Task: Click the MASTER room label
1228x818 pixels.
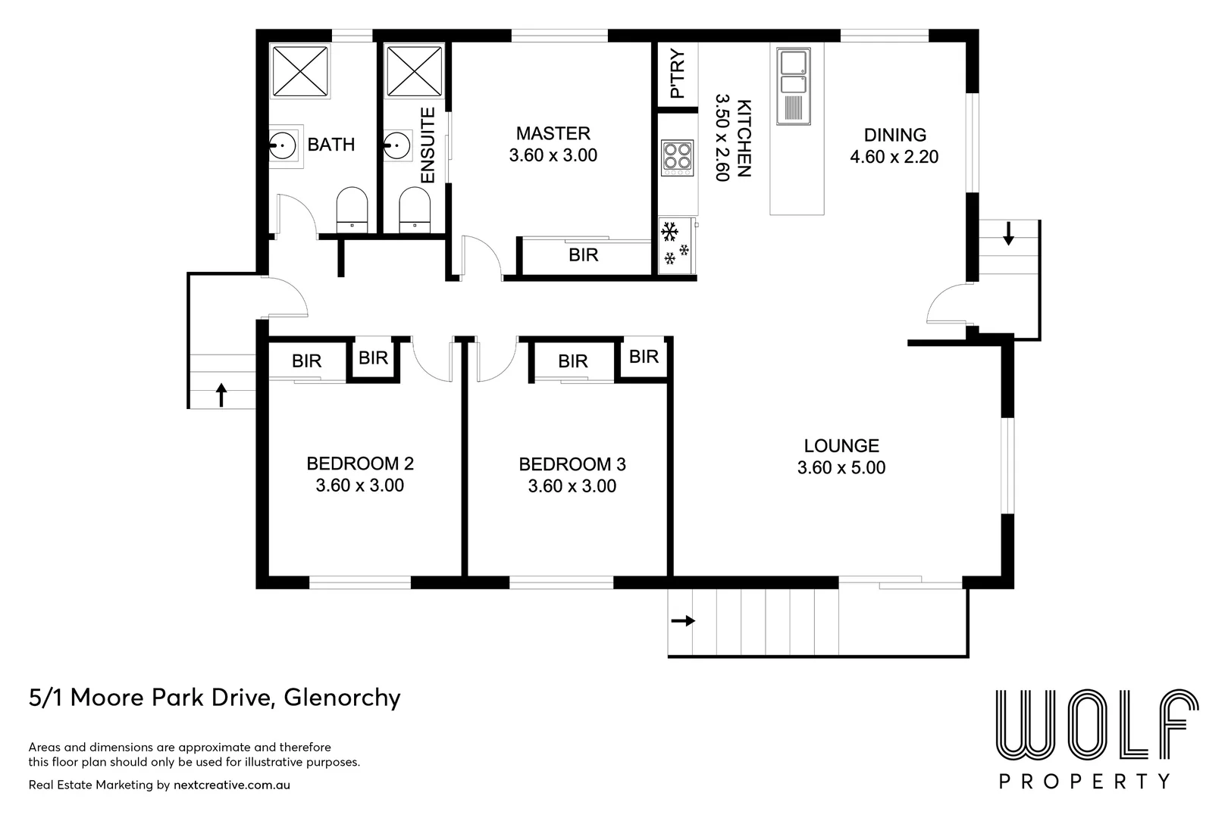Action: (x=553, y=134)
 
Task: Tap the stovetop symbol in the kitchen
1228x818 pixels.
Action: (x=676, y=158)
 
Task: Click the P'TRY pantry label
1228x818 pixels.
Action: (x=678, y=73)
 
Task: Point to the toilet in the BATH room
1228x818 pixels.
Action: (x=352, y=210)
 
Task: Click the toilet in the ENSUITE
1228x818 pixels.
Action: (x=414, y=210)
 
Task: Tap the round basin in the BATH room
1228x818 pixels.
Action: (x=283, y=143)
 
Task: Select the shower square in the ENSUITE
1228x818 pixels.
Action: (x=414, y=71)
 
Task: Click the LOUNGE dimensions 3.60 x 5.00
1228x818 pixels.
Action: (x=841, y=468)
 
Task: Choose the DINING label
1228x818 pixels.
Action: (x=894, y=136)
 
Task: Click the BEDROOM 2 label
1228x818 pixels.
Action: (x=359, y=464)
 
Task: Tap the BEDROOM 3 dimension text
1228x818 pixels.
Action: (x=572, y=486)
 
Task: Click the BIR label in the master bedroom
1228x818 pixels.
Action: (x=583, y=255)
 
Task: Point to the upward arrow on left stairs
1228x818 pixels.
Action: (x=221, y=395)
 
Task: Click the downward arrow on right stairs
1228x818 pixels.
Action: (x=1008, y=233)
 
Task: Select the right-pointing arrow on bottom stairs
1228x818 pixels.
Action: (x=683, y=621)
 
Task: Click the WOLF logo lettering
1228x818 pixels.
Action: (x=1096, y=726)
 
